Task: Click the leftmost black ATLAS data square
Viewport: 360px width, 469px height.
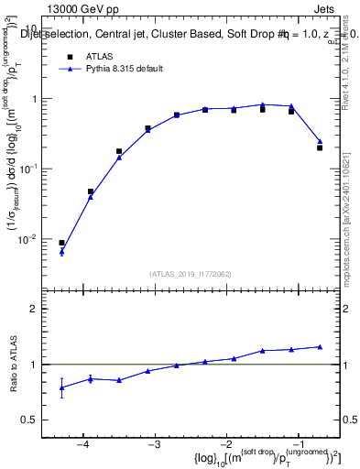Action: pos(61,243)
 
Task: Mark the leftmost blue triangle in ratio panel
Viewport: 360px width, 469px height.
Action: pos(61,387)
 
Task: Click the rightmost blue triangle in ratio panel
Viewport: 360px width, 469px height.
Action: pos(320,346)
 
